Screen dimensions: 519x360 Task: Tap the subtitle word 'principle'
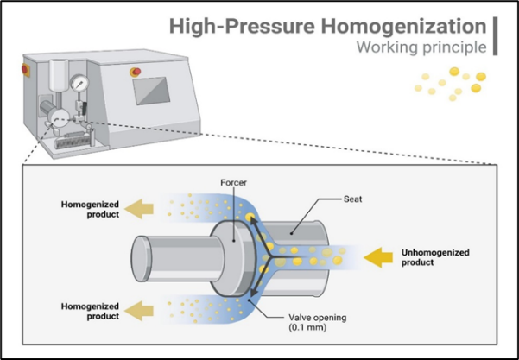454,47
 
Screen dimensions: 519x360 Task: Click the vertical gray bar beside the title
495,36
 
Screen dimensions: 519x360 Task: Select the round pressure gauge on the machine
79,83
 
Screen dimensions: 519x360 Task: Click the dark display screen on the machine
152,91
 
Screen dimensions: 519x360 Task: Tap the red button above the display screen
136,72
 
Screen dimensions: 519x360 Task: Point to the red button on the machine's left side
25,69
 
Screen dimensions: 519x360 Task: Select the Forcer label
234,183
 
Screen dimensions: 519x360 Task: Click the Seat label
353,199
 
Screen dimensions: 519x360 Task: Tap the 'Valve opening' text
318,318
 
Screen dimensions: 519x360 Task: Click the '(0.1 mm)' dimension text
307,327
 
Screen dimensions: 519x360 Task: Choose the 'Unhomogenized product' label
435,257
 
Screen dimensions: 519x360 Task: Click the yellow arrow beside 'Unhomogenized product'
378,257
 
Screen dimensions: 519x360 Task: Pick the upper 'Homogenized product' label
90,209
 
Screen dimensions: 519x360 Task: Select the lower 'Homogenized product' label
90,311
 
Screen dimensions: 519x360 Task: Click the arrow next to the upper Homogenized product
139,209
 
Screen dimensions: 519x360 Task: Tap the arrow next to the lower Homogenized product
139,311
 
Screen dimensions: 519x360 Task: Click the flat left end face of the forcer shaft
141,258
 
